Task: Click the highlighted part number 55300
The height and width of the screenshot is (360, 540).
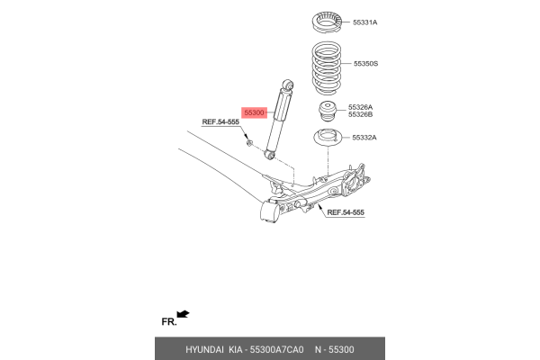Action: coord(255,112)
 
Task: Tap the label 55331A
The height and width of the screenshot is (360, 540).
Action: coord(364,21)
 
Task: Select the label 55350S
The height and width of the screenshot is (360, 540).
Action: coord(365,64)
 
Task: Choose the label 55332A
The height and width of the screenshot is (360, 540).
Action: coord(364,138)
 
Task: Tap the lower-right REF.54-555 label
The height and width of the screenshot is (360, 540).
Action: coord(346,212)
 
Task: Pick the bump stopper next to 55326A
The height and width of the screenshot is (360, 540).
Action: coord(328,112)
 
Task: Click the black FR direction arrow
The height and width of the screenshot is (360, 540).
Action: coord(184,314)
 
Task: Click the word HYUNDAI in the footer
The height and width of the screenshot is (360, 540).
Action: coord(204,349)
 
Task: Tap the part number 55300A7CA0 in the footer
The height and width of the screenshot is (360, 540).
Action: coord(275,349)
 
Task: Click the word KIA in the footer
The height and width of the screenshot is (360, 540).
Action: coord(237,349)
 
